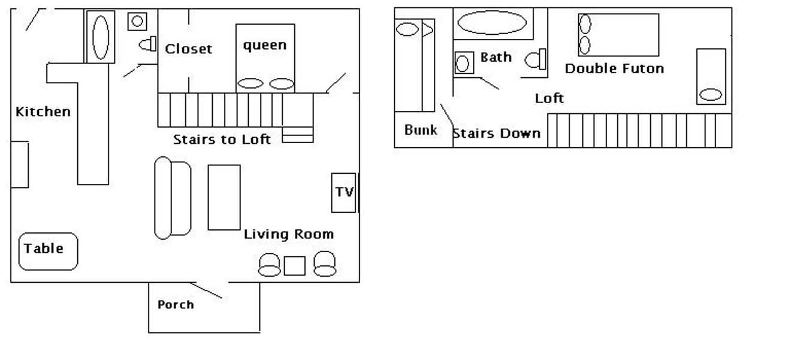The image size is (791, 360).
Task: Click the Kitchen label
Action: (43, 112)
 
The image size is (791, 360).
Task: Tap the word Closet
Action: (189, 49)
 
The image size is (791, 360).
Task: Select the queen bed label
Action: (265, 46)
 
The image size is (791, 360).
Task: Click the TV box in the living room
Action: (343, 193)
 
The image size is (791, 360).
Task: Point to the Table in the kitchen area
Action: (48, 252)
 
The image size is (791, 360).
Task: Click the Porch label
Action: (176, 304)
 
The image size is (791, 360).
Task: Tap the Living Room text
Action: (289, 234)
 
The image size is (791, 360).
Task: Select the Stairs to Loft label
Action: (222, 140)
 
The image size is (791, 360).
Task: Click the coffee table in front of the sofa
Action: (224, 197)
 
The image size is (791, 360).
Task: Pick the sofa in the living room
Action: (173, 198)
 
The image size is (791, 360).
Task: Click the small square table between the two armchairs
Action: (294, 266)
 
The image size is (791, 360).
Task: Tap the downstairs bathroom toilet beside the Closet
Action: (147, 44)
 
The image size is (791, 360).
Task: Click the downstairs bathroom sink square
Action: (137, 22)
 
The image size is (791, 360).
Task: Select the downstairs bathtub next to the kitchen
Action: (101, 37)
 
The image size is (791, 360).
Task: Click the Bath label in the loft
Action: (496, 57)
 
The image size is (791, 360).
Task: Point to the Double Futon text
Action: (614, 68)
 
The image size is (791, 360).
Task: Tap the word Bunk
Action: (421, 130)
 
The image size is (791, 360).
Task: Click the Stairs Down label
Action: (497, 134)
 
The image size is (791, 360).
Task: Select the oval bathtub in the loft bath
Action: (492, 23)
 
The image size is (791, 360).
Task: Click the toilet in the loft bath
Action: (535, 59)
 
